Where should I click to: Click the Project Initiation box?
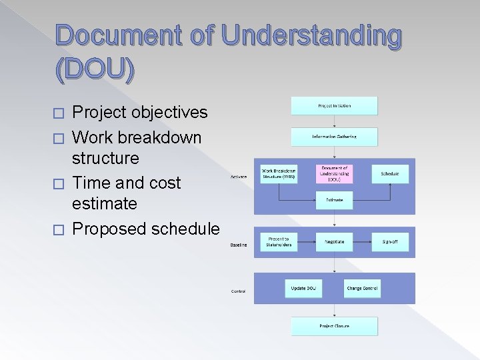[x=334, y=105]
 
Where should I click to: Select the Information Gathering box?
[x=334, y=137]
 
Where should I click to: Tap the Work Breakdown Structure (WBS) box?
[x=279, y=174]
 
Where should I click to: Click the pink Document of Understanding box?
[x=334, y=174]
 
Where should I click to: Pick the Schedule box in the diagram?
[x=390, y=174]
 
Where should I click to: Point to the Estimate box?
[x=334, y=199]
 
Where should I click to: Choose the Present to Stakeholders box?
[x=279, y=241]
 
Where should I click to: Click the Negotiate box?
[x=334, y=241]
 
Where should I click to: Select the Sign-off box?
[x=390, y=241]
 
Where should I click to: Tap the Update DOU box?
[x=303, y=289]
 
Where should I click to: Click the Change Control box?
[x=362, y=289]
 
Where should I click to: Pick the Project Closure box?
[x=334, y=326]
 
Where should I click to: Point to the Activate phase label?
[x=239, y=177]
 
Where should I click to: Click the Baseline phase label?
[x=239, y=245]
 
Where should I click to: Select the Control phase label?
[x=238, y=291]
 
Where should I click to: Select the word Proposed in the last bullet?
[x=109, y=229]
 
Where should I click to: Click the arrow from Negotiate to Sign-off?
[x=362, y=241]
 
